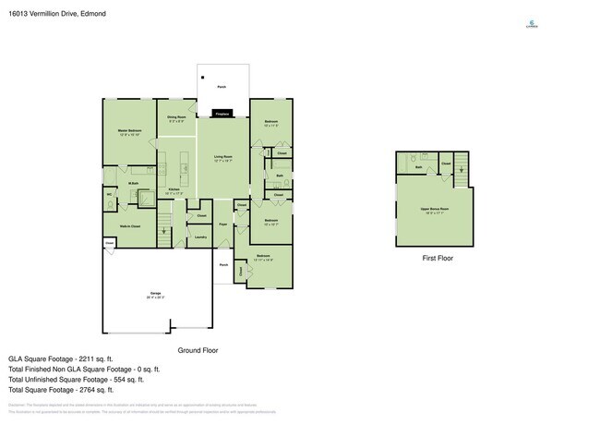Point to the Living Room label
coord(222,158)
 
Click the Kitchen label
coord(174,190)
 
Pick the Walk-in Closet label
coord(129,225)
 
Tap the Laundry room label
coord(200,237)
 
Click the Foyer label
coord(223,225)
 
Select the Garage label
coord(155,294)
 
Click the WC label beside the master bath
coord(110,194)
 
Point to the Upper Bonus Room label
coord(434,210)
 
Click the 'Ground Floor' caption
coord(197,350)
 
